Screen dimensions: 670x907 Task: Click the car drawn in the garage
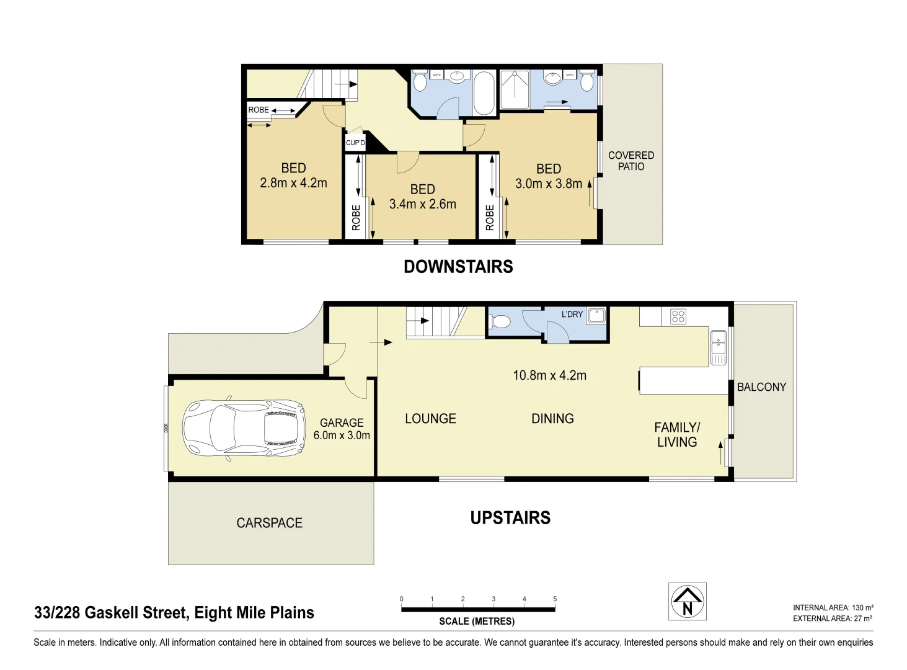[x=244, y=428]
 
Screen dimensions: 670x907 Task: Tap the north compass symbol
[x=687, y=601]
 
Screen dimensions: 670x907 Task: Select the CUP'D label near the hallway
[x=355, y=143]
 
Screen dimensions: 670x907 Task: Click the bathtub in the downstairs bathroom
[x=484, y=93]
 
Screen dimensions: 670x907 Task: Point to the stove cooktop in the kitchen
[x=678, y=317]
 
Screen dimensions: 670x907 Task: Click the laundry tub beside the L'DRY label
[x=596, y=315]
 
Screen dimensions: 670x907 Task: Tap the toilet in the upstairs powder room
[x=500, y=321]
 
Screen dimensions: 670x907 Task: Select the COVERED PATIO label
[x=630, y=161]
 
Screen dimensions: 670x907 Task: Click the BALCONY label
[x=761, y=387]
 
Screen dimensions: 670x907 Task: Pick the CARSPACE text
[x=269, y=523]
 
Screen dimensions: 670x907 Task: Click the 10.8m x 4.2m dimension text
[x=549, y=375]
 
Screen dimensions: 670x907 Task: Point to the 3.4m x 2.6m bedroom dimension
[x=422, y=204]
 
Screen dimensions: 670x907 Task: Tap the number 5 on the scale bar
[x=555, y=599]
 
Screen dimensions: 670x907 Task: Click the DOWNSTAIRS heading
[x=458, y=267]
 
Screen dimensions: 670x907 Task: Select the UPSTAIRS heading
[x=510, y=518]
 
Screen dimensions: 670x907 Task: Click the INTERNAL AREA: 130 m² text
[x=833, y=608]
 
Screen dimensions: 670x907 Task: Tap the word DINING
[x=552, y=419]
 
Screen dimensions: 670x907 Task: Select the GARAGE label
[x=342, y=422]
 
